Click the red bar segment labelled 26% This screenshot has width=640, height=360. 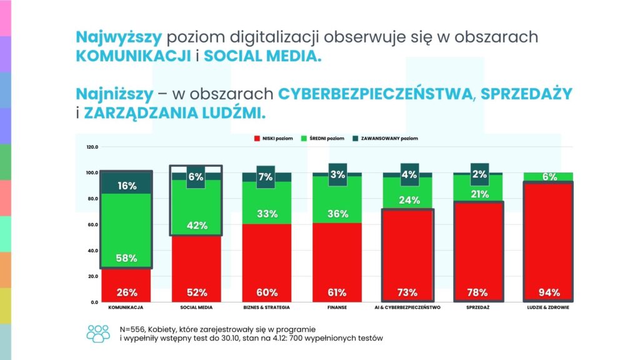tap(127, 285)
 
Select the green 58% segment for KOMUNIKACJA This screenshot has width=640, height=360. tap(127, 231)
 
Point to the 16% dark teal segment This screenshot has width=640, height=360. tap(127, 185)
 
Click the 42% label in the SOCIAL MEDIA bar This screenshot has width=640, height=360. tap(196, 226)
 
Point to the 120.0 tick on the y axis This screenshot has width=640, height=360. tap(92, 147)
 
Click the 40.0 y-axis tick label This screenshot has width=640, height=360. tap(92, 251)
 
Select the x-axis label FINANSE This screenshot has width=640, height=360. tap(337, 308)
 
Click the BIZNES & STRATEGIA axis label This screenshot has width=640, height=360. tap(267, 308)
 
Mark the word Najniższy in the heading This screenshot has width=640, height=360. tap(114, 94)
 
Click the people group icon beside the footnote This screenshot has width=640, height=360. tap(98, 332)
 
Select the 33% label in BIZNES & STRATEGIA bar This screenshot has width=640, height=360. tap(267, 214)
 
